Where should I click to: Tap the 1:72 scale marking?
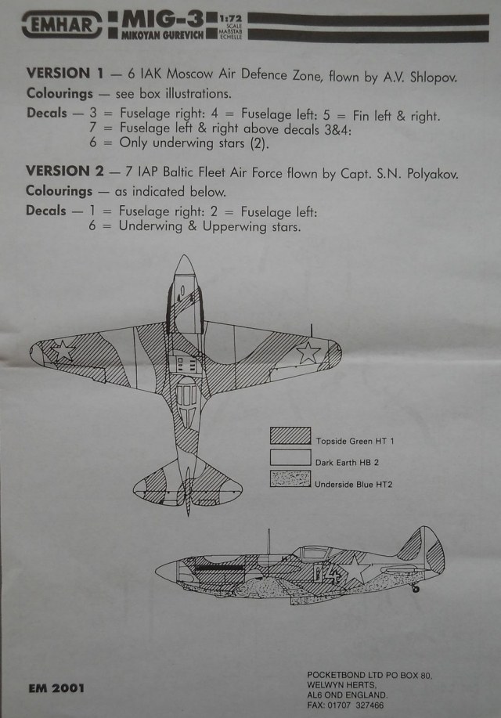coord(230,18)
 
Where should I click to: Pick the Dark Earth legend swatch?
coord(290,457)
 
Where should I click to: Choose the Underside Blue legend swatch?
coord(290,478)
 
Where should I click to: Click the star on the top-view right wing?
coord(308,353)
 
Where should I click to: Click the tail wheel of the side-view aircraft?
coord(416,587)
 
